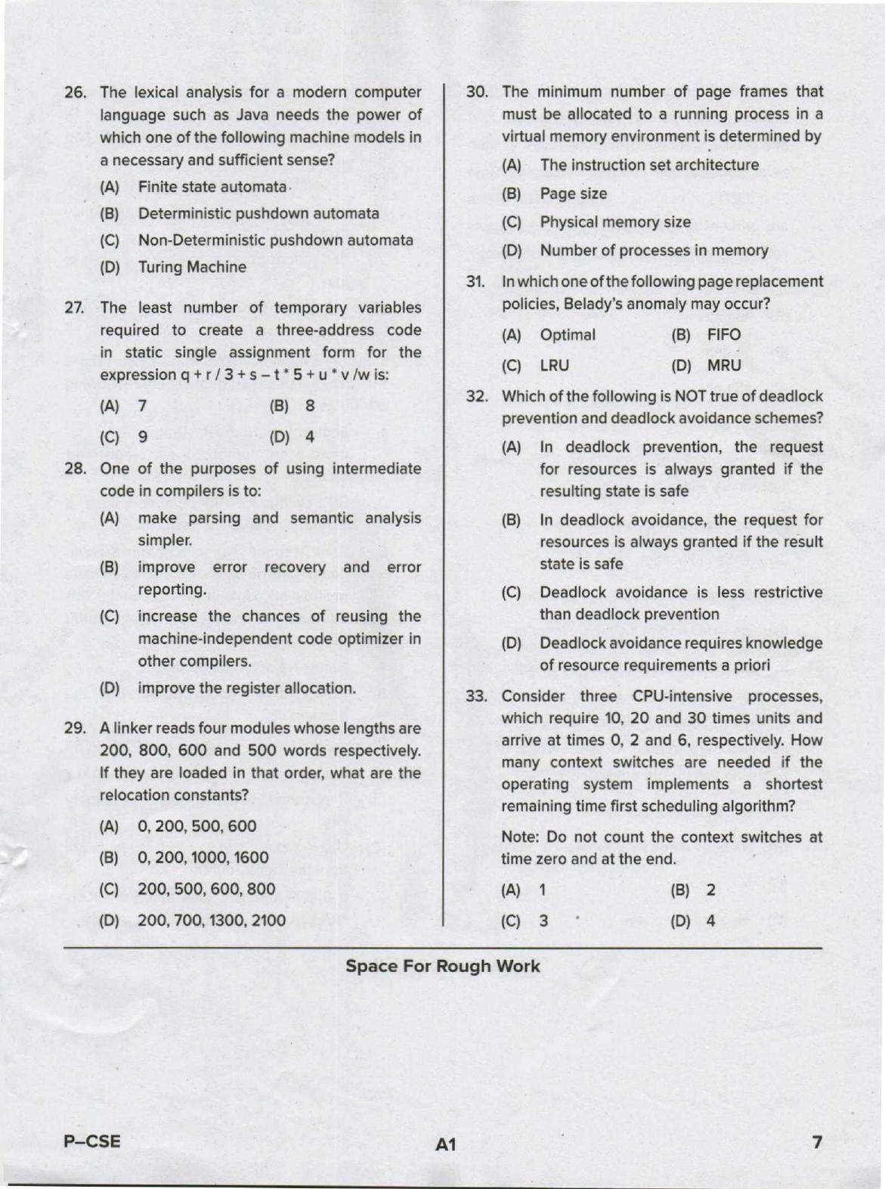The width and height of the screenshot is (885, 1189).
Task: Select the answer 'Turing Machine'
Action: [192, 267]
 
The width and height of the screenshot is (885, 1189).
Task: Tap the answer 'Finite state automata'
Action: [212, 187]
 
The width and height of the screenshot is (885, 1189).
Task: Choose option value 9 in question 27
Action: [142, 437]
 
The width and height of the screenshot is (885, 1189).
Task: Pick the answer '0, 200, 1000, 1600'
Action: [203, 857]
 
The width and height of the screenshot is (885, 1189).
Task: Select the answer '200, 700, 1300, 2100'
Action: [211, 920]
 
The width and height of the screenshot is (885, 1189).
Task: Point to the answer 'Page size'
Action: [573, 194]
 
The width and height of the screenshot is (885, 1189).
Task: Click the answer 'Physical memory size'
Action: [614, 222]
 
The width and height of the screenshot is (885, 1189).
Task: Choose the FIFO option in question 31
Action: [723, 335]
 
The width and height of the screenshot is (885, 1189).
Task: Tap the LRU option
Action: [554, 365]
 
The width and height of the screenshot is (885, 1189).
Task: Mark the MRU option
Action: [723, 365]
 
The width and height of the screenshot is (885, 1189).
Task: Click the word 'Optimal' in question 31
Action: [567, 335]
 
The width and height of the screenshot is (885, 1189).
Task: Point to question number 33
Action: [476, 696]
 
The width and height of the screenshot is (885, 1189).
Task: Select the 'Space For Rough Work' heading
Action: [442, 966]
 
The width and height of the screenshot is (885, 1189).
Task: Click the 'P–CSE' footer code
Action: [91, 1141]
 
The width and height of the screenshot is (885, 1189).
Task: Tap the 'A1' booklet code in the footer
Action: [445, 1144]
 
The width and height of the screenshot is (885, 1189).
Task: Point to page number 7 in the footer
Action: [815, 1142]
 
